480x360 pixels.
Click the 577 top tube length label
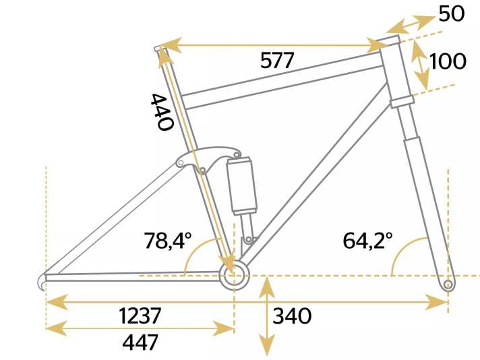click(x=277, y=60)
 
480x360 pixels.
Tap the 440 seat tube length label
click(x=162, y=112)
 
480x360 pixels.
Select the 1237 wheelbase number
click(x=140, y=316)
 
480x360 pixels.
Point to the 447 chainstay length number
click(x=140, y=342)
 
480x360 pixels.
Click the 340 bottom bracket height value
click(x=292, y=316)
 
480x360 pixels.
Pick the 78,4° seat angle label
click(x=168, y=240)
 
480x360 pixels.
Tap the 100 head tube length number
click(x=448, y=61)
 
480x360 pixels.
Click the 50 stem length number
click(x=452, y=14)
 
